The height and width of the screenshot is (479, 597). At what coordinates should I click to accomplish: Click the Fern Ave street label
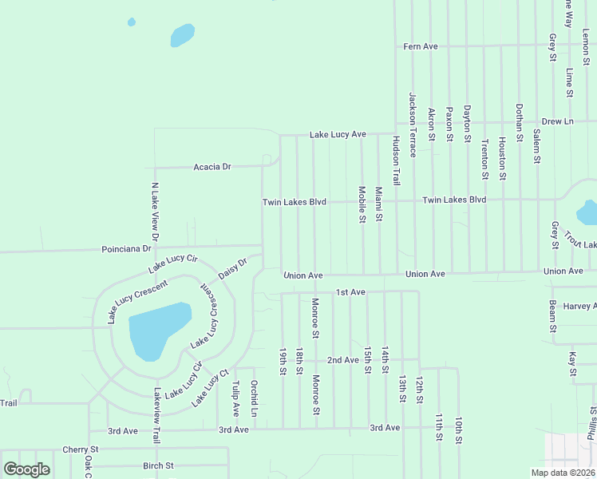[421, 47]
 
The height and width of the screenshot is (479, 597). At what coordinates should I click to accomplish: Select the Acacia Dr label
[212, 167]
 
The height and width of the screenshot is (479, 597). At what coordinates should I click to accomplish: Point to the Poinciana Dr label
[126, 249]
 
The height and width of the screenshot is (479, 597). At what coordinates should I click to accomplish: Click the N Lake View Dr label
[156, 212]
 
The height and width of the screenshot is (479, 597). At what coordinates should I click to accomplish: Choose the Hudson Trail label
[395, 160]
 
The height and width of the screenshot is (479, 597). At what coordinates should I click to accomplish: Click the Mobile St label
[362, 204]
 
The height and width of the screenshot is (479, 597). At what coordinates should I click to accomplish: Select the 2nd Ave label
[343, 360]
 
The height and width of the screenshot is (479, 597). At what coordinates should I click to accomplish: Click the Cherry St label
[80, 450]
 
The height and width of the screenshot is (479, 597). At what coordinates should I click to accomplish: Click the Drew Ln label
[557, 121]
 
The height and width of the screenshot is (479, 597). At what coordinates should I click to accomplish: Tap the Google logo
[26, 469]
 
